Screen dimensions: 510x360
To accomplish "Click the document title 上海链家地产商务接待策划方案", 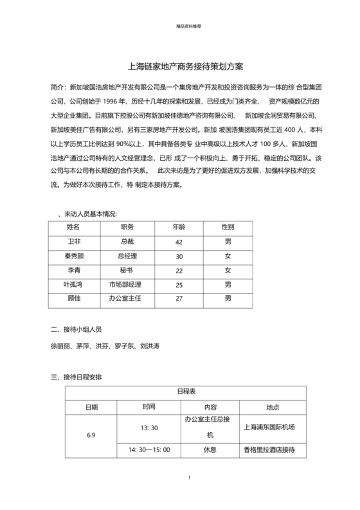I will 181,66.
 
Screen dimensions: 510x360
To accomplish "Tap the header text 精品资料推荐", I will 181,28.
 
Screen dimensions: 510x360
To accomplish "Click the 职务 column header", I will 126,227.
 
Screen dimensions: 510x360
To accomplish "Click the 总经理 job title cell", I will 126,256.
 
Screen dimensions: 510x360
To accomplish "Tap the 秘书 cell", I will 126,270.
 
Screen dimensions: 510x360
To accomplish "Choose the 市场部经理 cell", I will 126,284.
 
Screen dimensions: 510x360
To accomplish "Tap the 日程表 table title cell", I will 181,392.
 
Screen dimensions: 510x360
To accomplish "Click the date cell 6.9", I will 91,435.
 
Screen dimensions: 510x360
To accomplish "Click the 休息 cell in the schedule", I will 210,451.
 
